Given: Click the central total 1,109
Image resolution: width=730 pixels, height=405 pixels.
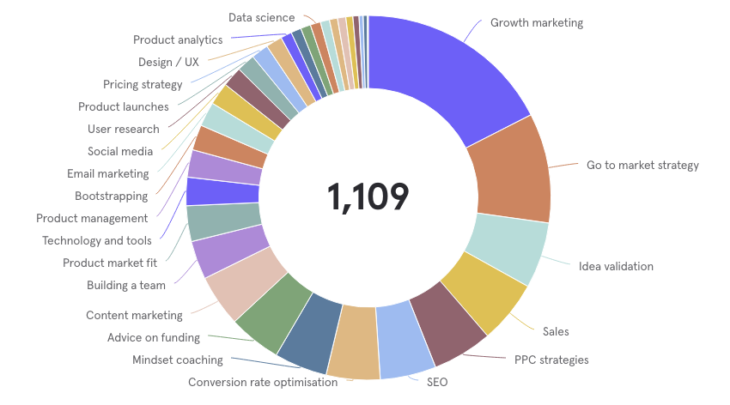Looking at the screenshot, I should coord(368,197).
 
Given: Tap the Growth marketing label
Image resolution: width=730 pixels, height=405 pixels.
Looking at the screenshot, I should coord(536,23).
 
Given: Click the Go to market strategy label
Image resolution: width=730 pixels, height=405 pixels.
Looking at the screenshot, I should coord(642,165).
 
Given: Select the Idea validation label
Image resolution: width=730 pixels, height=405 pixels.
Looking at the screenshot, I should coord(616,266).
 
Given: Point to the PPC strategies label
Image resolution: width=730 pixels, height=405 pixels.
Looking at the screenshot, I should coord(551,360).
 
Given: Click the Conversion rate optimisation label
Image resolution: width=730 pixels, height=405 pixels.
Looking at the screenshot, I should coord(263,383).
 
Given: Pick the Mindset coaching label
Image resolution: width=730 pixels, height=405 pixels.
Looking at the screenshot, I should coord(177,360).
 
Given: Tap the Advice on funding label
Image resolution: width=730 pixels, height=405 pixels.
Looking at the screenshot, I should coord(154,337).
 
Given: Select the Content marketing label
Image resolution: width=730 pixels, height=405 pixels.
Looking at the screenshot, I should coord(134,315).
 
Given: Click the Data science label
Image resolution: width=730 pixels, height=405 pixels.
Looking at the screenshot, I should coord(261,17).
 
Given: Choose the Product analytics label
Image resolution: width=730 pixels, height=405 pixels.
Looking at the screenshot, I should coord(178,39).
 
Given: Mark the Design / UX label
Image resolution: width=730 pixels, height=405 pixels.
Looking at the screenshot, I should coord(168,62).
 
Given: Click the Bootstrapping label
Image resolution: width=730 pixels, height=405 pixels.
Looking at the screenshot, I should coord(111,196).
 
